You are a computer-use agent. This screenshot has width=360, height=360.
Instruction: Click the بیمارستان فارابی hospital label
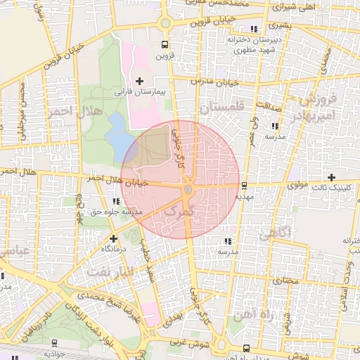139,92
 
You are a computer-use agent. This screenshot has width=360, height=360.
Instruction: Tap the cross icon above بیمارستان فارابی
139,82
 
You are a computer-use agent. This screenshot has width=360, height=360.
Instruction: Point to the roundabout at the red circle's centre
188,190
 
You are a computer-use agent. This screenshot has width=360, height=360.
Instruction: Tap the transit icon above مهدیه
244,186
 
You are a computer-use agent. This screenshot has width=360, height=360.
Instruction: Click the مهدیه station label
244,198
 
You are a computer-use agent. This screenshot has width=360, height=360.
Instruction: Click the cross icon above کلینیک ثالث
332,177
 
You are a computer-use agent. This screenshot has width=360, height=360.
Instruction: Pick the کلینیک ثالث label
331,188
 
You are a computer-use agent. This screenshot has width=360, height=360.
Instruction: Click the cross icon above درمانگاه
112,238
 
